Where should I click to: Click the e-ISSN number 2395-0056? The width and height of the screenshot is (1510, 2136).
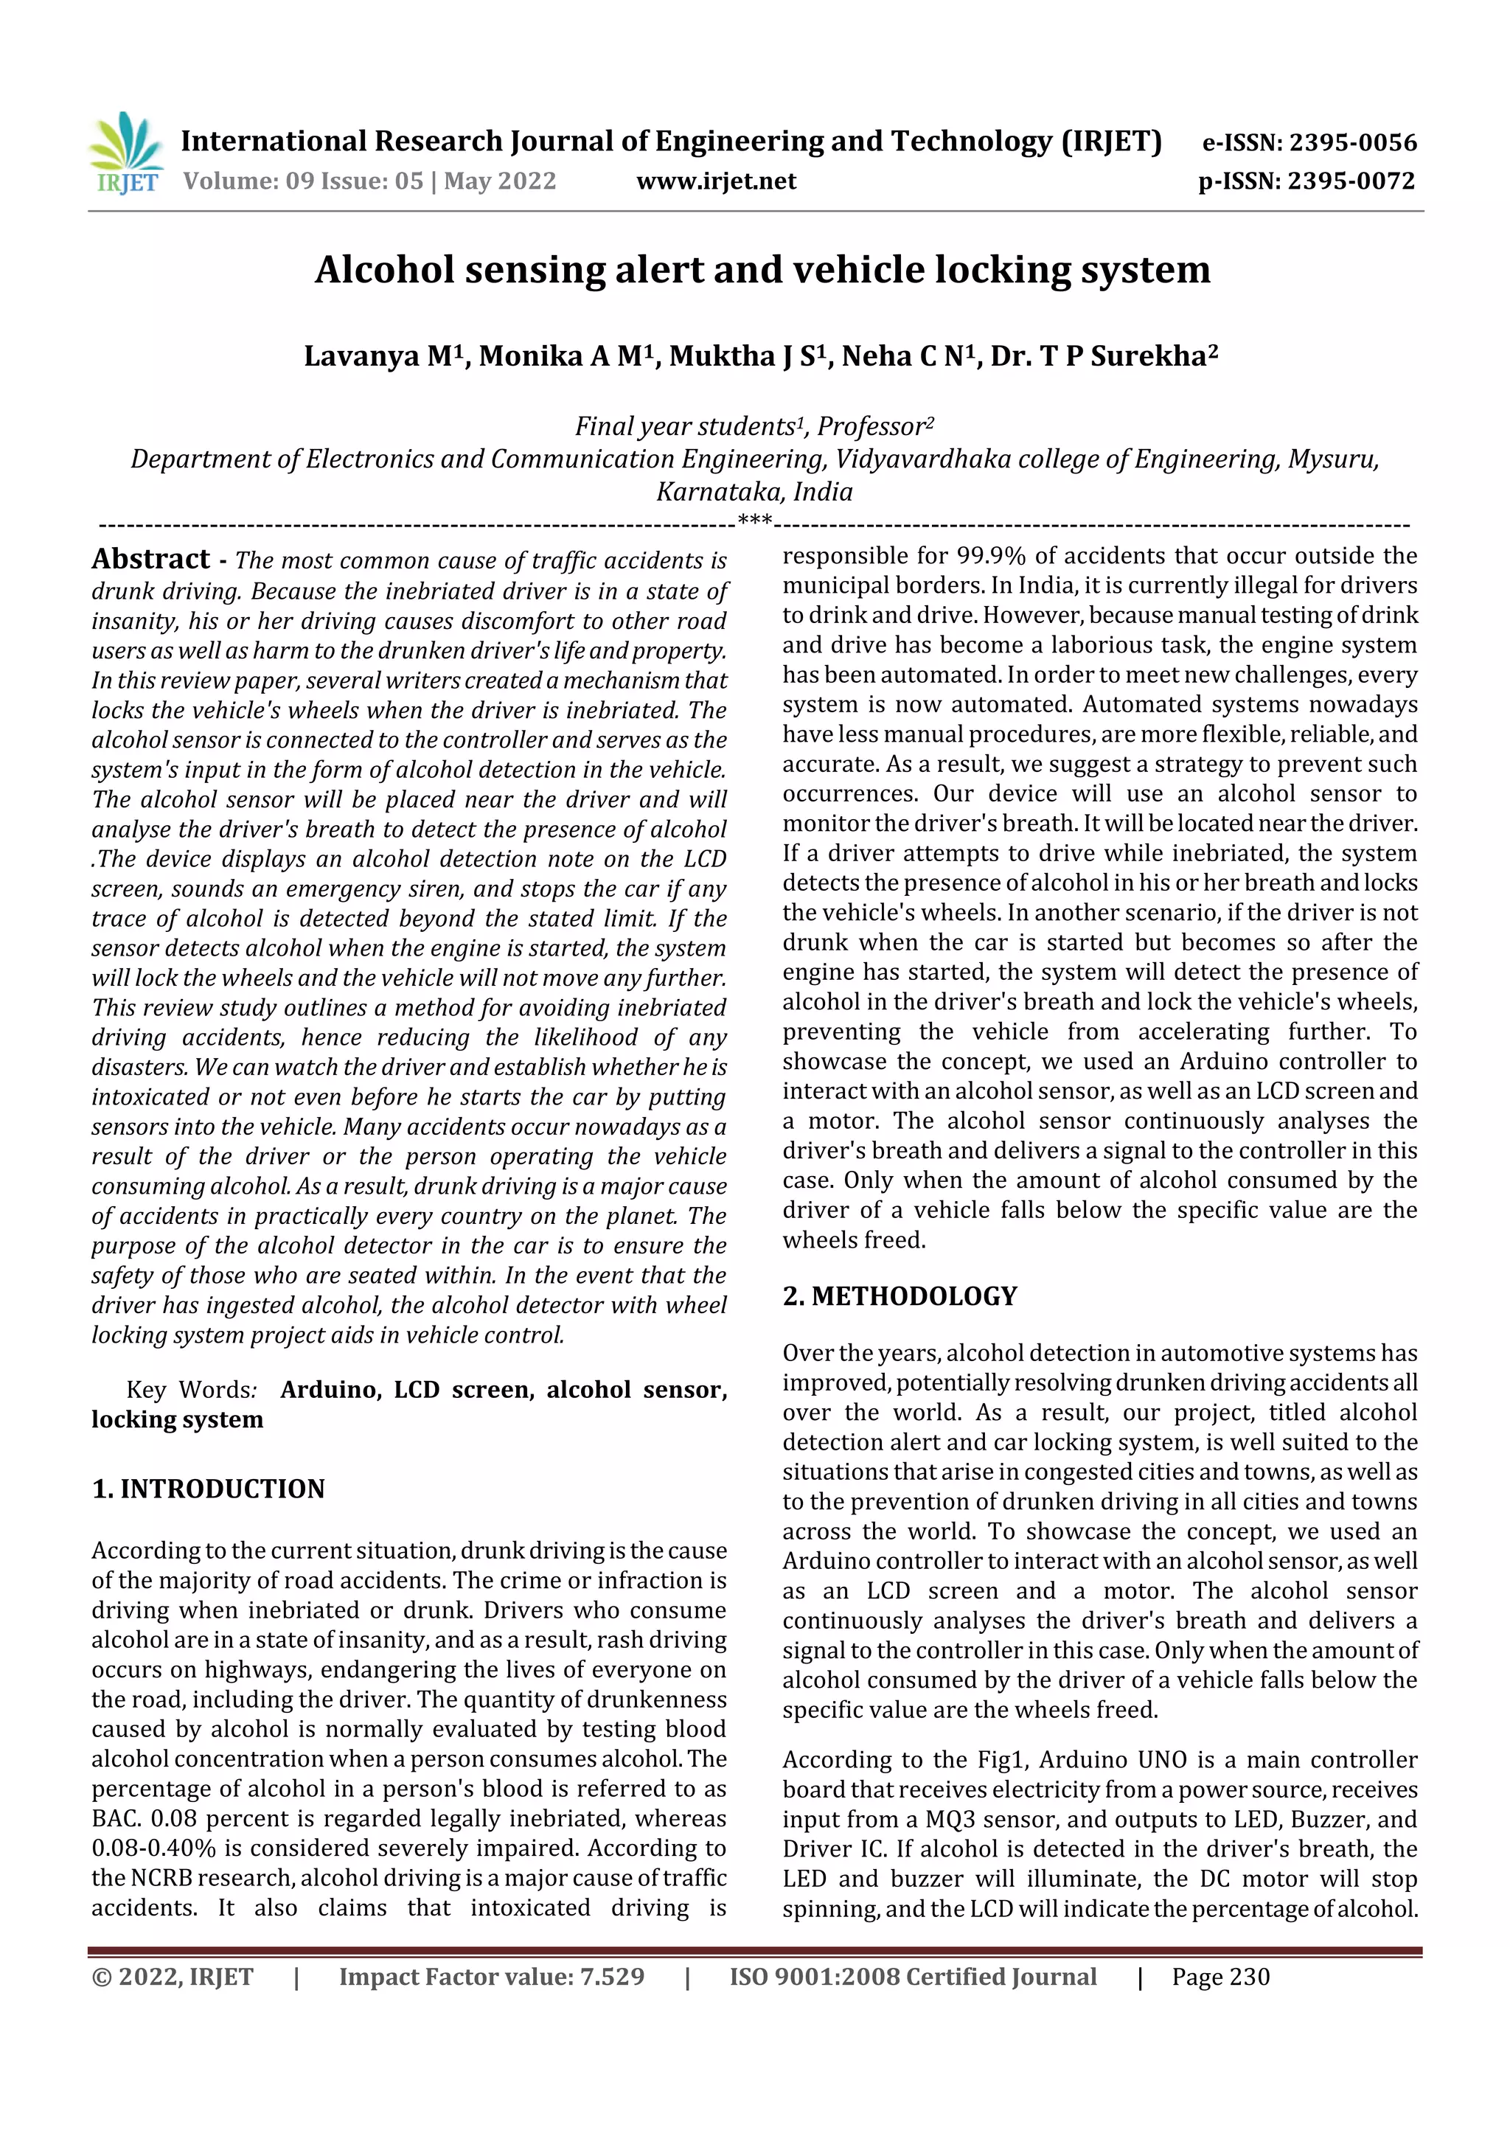click(1351, 142)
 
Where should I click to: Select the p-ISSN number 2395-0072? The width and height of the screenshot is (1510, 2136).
click(1351, 181)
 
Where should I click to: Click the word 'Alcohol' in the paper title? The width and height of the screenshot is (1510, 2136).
click(383, 270)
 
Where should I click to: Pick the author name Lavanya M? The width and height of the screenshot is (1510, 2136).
click(383, 356)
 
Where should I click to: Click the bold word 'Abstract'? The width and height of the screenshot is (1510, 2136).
click(150, 559)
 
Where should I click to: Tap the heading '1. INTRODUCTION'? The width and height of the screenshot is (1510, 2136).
click(209, 1489)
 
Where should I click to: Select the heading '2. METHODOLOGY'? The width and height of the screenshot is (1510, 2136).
click(900, 1296)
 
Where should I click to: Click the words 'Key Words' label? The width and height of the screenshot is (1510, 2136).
click(189, 1389)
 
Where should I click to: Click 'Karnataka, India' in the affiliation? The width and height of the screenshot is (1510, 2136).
click(754, 492)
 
